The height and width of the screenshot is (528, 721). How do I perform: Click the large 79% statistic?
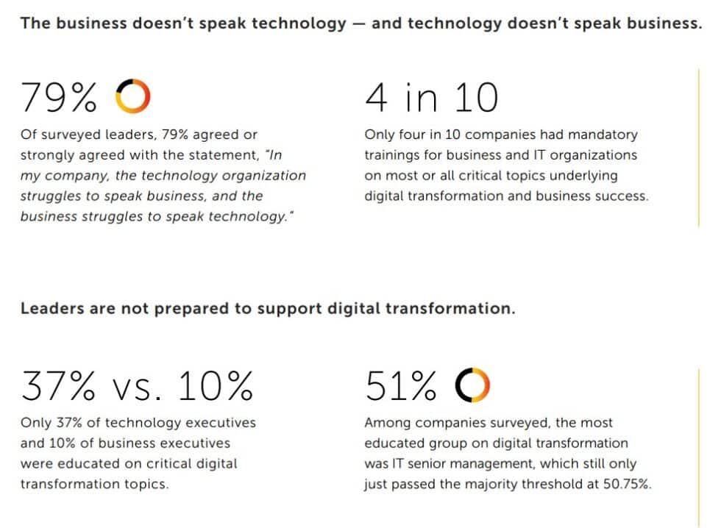[x=60, y=97]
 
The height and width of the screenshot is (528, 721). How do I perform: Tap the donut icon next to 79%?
[x=133, y=97]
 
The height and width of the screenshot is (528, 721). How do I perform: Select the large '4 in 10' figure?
[x=431, y=97]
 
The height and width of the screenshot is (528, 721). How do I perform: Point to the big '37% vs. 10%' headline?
[x=137, y=386]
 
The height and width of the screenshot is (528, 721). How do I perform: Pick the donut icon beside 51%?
[x=472, y=386]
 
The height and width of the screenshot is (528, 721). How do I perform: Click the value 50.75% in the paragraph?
[x=625, y=485]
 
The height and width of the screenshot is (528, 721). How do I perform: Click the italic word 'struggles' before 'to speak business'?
[x=51, y=196]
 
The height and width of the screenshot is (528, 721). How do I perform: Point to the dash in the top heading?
[x=358, y=24]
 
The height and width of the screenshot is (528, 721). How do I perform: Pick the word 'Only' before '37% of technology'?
[x=36, y=423]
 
